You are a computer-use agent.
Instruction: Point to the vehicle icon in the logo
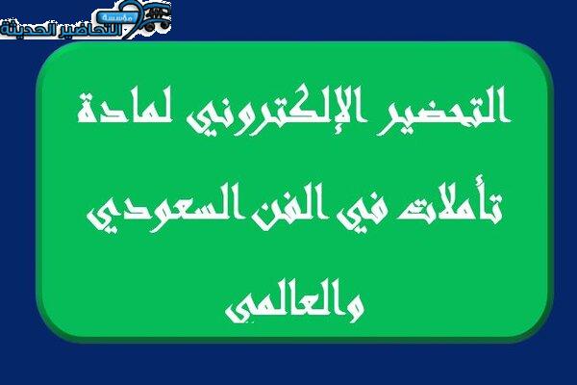157,17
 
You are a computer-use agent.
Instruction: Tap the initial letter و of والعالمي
355,309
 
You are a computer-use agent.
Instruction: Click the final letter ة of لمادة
88,110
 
